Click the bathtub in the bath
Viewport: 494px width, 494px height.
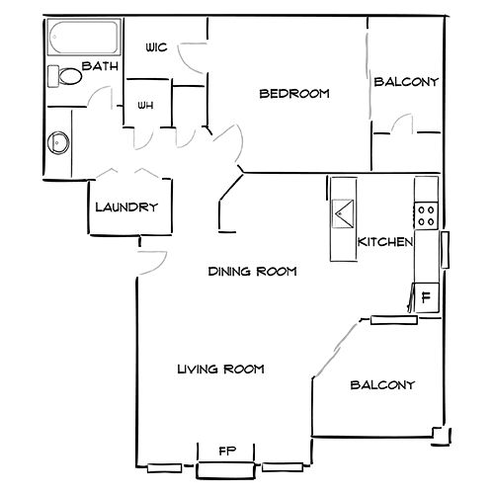pos(84,37)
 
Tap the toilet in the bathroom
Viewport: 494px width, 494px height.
pos(65,76)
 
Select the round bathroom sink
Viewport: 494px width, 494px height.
pos(58,143)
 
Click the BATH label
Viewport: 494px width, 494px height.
pos(100,66)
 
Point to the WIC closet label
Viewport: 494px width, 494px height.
pos(156,47)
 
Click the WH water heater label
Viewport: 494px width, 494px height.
pos(145,106)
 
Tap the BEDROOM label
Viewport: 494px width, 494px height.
pos(294,94)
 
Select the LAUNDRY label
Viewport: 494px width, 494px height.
pos(126,207)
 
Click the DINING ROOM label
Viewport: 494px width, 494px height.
pos(253,272)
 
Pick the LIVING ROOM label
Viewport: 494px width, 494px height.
pos(220,369)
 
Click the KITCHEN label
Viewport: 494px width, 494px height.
pos(385,242)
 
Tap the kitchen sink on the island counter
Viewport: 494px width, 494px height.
pos(343,213)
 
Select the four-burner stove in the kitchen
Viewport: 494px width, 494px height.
pos(426,215)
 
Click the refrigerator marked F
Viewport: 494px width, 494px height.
pos(427,297)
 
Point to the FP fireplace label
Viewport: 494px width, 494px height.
pos(227,451)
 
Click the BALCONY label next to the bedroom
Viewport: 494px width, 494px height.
pos(406,82)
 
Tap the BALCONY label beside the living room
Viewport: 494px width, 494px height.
pos(382,385)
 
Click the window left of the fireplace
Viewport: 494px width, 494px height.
pos(164,468)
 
